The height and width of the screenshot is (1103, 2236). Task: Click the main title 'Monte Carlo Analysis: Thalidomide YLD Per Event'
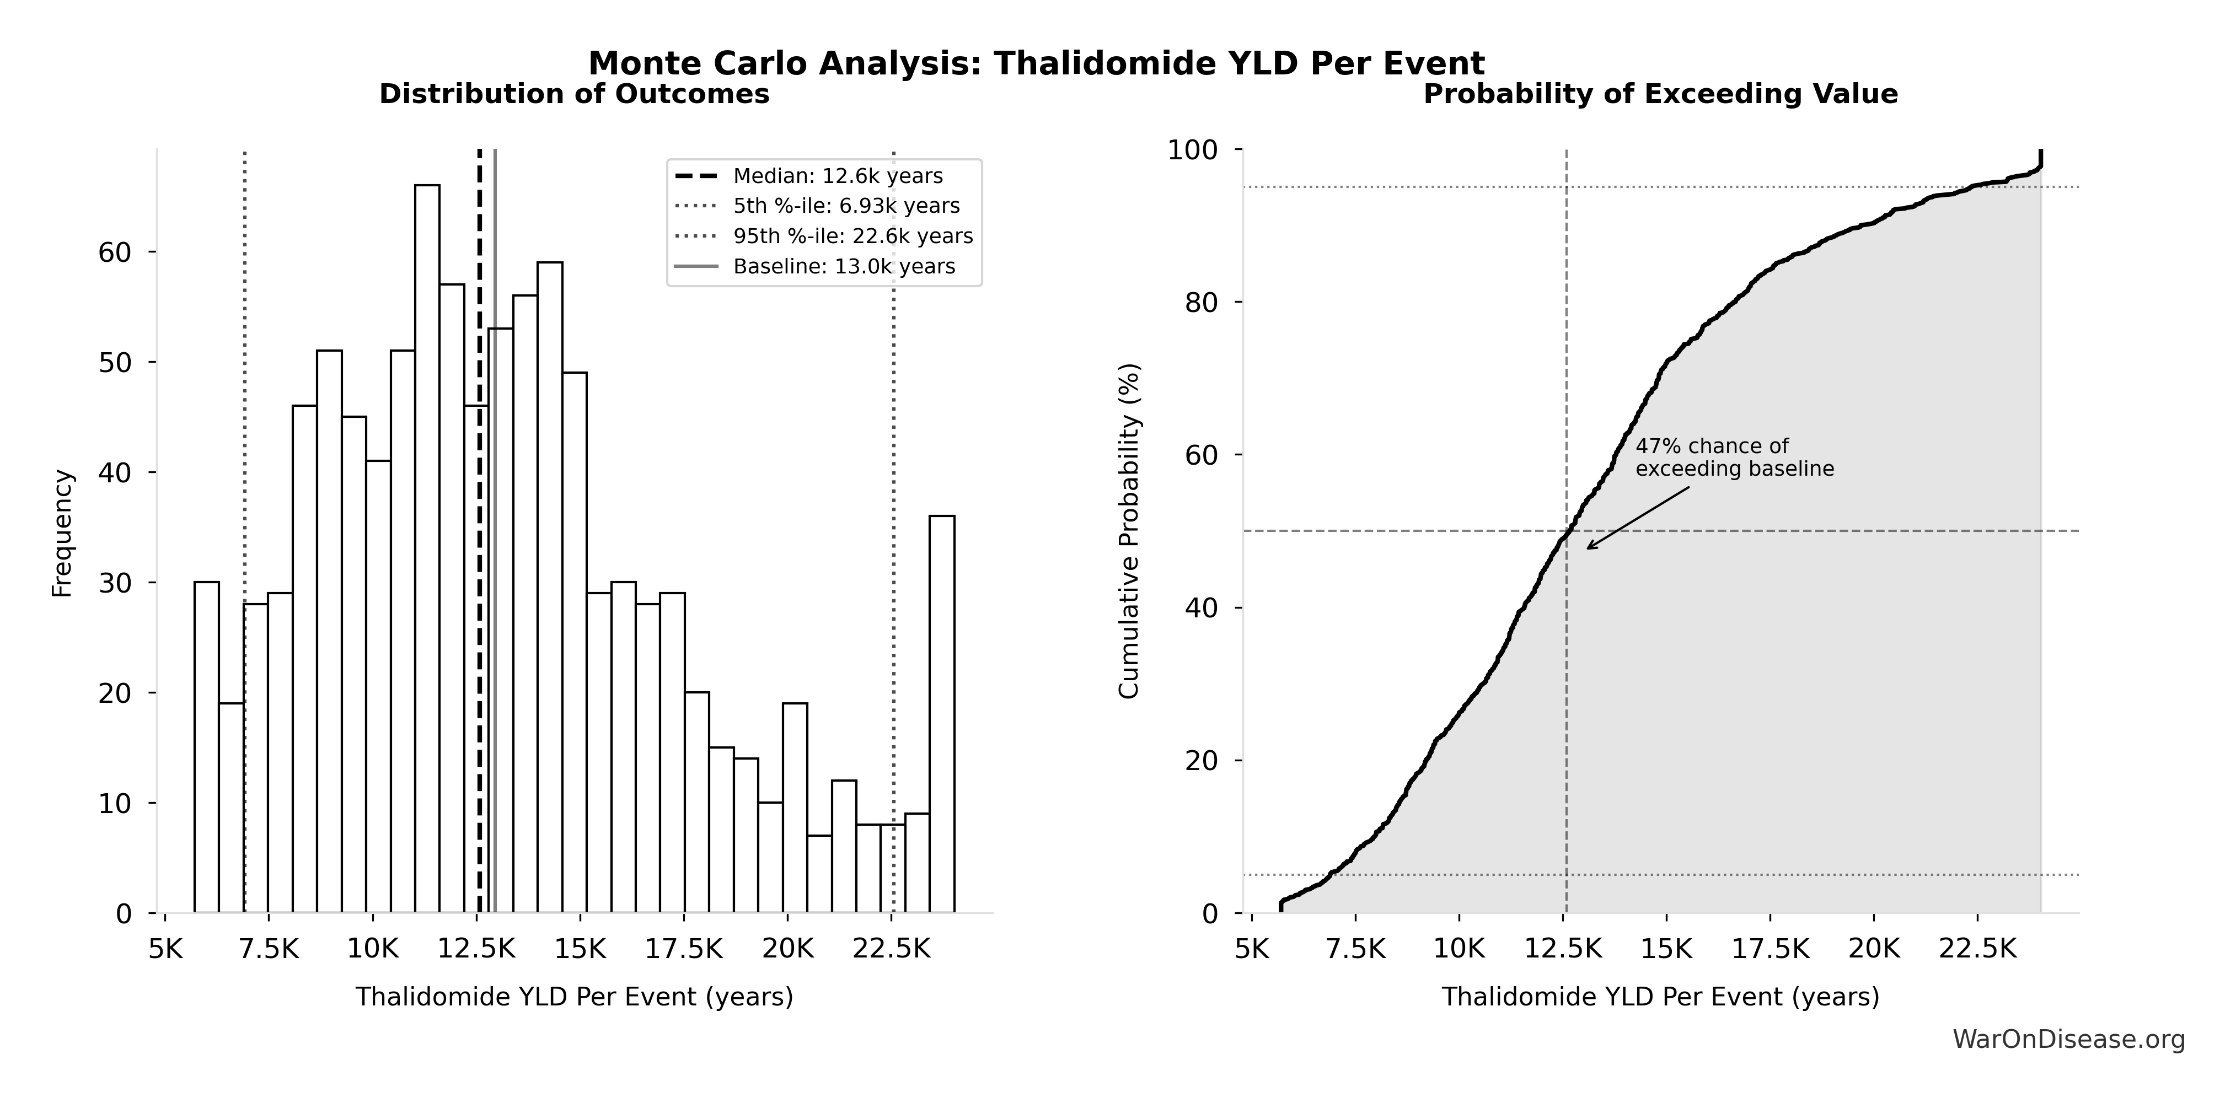[1037, 63]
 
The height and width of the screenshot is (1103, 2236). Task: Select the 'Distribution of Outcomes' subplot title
[574, 95]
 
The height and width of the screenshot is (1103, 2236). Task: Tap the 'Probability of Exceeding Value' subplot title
[1660, 95]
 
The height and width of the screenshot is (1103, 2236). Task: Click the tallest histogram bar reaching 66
[427, 547]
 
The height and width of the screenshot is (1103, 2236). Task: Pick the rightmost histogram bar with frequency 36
[942, 712]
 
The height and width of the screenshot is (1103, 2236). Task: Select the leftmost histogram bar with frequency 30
[207, 746]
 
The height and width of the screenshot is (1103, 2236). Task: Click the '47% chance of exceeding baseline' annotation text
[1734, 458]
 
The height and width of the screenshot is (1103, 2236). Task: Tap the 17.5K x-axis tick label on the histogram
[683, 949]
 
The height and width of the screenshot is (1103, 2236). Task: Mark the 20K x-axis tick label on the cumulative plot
[1873, 949]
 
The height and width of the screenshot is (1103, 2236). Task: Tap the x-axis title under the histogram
[574, 997]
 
